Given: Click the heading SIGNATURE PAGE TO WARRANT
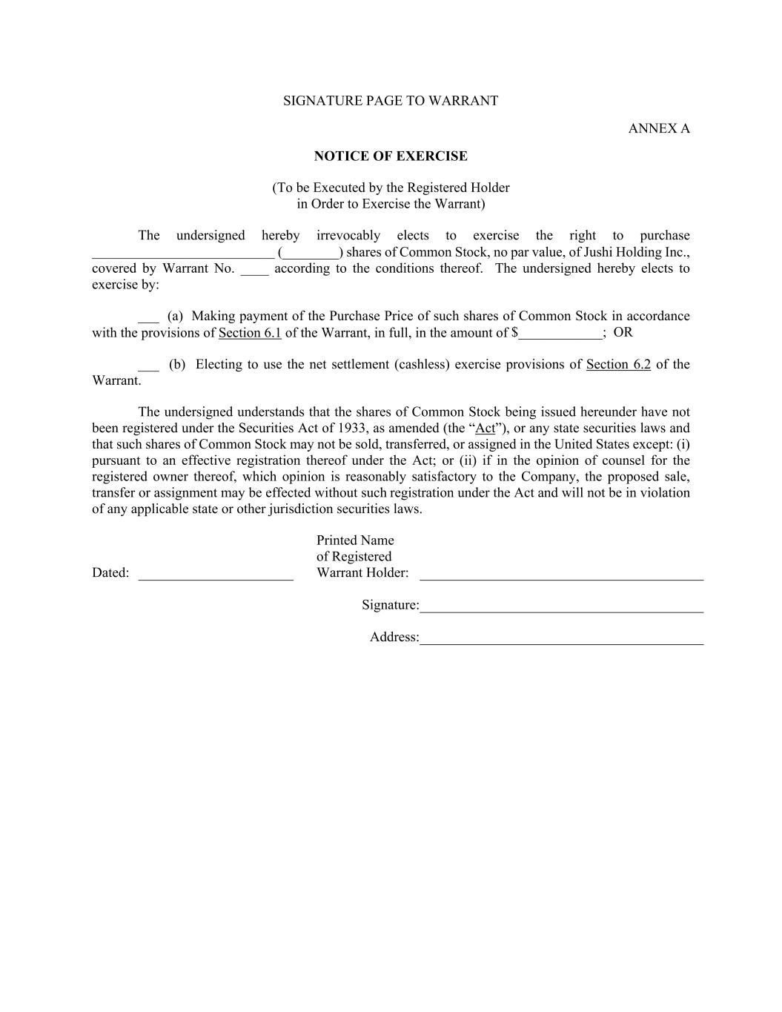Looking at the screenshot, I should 391,101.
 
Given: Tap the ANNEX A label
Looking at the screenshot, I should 658,128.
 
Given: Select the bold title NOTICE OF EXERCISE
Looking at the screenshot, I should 391,156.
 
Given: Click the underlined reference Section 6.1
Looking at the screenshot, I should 250,333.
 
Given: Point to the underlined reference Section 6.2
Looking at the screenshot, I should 618,364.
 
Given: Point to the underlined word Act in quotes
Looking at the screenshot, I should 485,428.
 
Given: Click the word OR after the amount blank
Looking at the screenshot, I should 623,332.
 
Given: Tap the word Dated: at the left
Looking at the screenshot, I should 110,572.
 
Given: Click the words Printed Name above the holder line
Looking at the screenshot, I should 355,540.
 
